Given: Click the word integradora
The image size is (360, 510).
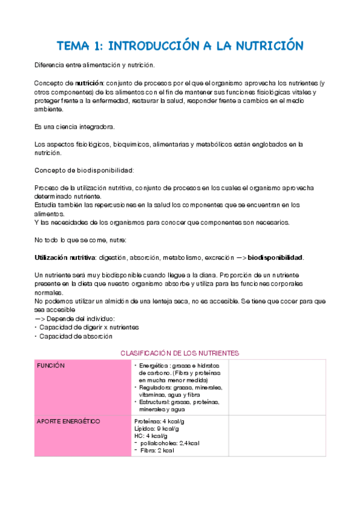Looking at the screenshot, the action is (96, 127).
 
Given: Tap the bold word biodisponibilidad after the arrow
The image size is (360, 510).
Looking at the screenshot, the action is (275, 257).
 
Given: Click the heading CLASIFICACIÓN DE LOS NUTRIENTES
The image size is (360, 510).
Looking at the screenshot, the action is (180, 353).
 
